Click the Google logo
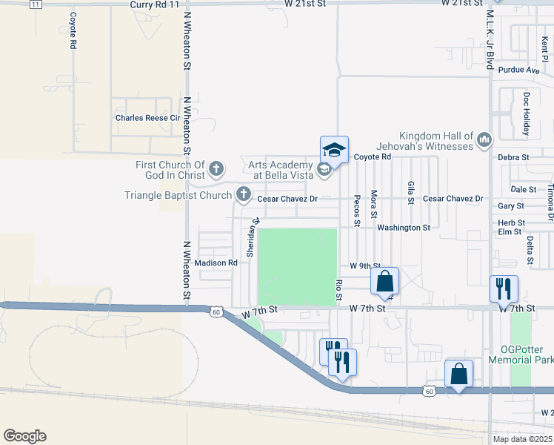(24, 436)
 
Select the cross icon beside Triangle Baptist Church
(243, 196)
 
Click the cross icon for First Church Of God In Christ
(216, 170)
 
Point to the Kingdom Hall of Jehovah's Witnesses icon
(484, 139)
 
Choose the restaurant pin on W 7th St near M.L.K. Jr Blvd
(504, 289)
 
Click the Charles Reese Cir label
(147, 118)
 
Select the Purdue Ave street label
(519, 70)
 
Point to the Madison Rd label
(216, 263)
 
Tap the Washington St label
(404, 228)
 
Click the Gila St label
(410, 191)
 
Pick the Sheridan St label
(253, 237)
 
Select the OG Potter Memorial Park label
(521, 354)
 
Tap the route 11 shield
(36, 4)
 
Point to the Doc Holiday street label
(527, 114)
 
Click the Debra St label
(513, 157)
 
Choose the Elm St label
(510, 232)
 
